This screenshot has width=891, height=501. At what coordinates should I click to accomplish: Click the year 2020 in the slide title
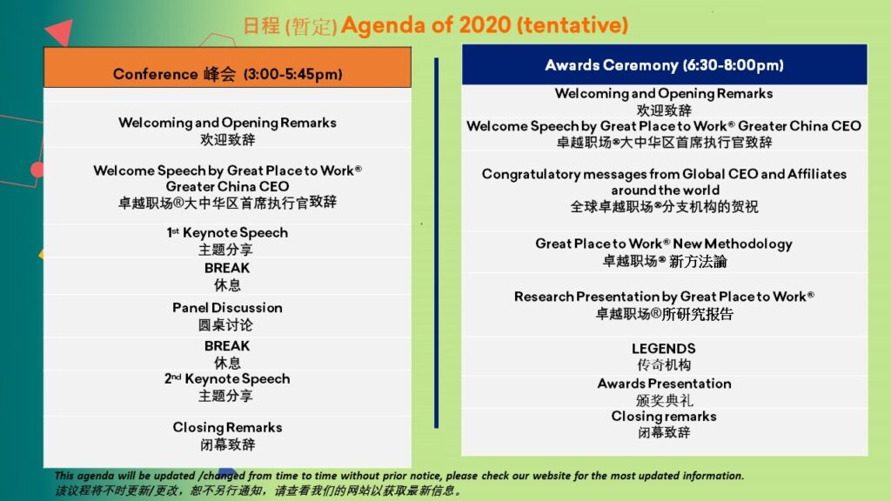[x=485, y=25]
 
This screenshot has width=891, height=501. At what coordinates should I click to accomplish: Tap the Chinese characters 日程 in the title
[x=261, y=26]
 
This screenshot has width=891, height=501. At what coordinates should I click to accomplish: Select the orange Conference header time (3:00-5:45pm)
[x=292, y=75]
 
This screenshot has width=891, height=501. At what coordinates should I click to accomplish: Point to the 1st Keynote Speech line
[x=227, y=233]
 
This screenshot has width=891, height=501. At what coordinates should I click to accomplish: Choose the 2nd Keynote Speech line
[x=227, y=379]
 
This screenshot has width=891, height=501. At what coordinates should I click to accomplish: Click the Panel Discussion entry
[x=227, y=308]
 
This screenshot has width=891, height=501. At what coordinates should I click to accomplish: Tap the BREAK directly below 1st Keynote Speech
[x=227, y=268]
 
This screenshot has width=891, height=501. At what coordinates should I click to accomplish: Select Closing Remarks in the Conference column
[x=227, y=427]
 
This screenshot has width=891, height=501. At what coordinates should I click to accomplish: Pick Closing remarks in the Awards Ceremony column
[x=664, y=417]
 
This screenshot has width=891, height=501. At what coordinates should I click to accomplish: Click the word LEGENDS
[x=664, y=349]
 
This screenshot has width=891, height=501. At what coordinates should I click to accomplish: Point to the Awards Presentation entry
[x=664, y=384]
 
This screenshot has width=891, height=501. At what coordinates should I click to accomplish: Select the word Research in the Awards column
[x=543, y=297]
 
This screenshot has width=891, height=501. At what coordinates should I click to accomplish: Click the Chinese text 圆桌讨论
[x=225, y=325]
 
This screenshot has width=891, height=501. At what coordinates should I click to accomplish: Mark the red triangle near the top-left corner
[x=61, y=32]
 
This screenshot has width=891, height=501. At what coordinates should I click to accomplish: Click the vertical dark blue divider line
[x=437, y=243]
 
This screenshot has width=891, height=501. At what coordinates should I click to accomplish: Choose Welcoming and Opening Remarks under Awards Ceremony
[x=664, y=94]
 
